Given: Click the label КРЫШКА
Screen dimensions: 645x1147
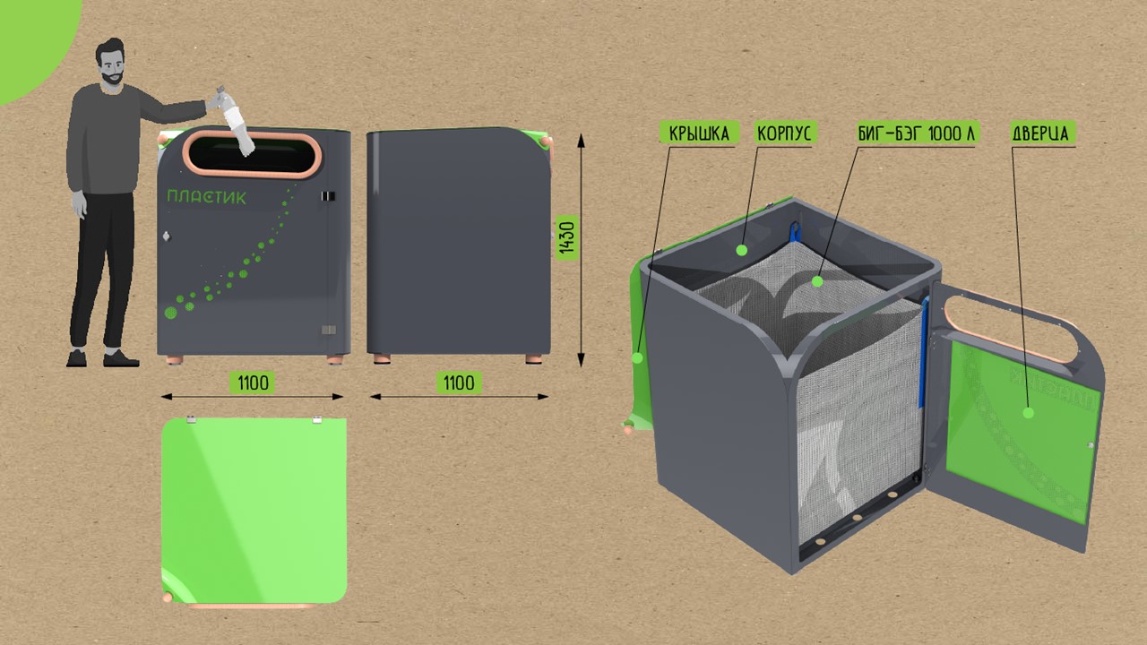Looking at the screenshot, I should point(700,133).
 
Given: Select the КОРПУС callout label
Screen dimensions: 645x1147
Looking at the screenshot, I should point(784,133).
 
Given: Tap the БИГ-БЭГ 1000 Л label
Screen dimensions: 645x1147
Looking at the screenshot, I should point(915,133).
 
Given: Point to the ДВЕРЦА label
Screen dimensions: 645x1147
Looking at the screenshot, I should point(1043,133).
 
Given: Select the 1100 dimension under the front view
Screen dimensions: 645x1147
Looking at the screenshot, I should point(253,383).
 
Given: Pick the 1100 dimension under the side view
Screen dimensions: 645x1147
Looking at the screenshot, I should point(458,383).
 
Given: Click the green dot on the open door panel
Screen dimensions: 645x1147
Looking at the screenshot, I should point(1029,413).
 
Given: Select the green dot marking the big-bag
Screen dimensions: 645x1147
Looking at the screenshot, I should point(817,281).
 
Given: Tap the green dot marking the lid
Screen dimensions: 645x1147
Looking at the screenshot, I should point(637,357).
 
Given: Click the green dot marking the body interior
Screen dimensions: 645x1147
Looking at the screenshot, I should point(742,250).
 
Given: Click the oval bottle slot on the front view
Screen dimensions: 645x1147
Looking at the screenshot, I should point(253,154).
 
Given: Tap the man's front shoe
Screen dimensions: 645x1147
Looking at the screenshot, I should point(121,359).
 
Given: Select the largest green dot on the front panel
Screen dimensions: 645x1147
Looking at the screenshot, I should point(170,313).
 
